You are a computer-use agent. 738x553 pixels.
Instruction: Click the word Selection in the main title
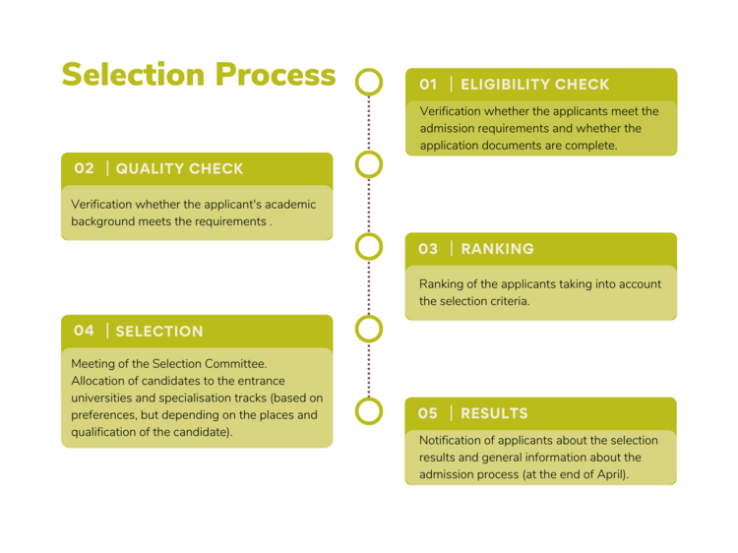coord(133,75)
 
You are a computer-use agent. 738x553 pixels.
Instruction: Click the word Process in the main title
coord(276,75)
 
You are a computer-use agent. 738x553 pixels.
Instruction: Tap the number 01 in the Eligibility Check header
coord(428,85)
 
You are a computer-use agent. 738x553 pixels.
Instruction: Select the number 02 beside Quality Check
coord(84,168)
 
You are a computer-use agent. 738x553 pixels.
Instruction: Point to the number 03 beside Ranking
coord(428,249)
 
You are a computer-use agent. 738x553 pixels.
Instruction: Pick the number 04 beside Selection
coord(84,331)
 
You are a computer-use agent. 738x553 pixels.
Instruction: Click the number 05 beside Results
coord(428,413)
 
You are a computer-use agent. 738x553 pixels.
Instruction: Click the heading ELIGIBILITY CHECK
coord(534,85)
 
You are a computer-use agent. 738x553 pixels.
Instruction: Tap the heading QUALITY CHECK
coord(179,168)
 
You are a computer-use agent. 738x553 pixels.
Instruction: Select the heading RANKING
coord(498,249)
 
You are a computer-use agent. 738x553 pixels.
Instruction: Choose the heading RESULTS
coord(494,413)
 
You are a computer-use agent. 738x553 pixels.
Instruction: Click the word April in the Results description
coord(613,474)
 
